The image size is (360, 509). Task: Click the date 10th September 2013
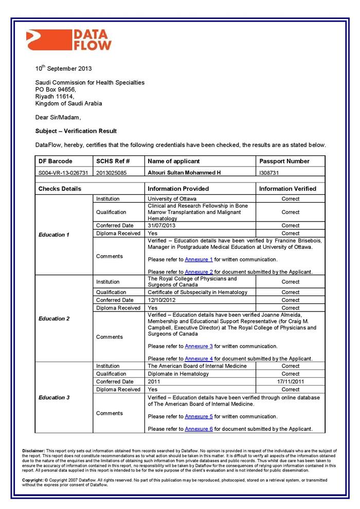[x=64, y=68]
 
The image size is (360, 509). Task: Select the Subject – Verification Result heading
[x=76, y=131]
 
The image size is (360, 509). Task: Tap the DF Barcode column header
[x=56, y=161]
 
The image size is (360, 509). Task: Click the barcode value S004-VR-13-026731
[x=63, y=173]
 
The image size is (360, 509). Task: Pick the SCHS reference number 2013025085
[x=112, y=173]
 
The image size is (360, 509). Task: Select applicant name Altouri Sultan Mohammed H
[x=184, y=173]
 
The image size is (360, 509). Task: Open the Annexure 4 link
[x=199, y=359]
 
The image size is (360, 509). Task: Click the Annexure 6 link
[x=199, y=429]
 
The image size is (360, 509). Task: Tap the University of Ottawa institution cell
[x=172, y=199]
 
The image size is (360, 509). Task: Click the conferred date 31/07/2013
[x=162, y=226]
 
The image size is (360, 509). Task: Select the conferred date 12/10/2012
[x=162, y=300]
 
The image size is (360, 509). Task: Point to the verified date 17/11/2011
[x=291, y=382]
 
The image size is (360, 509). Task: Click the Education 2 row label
[x=54, y=319]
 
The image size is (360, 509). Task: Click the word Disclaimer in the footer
[x=34, y=451]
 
